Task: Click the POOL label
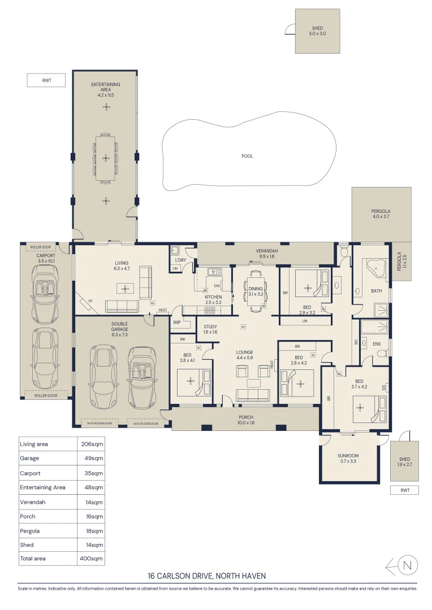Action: pos(247,156)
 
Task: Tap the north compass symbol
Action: pos(409,565)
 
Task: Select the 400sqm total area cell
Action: pos(92,559)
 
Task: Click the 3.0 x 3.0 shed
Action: pos(317,31)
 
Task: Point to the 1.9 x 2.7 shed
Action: pos(404,461)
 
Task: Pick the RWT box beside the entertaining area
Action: pos(46,80)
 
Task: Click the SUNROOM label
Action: pos(349,456)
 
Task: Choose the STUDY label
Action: pos(210,326)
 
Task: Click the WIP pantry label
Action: pos(176,323)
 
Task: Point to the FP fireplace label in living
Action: pos(89,301)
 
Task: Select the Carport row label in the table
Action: pos(31,473)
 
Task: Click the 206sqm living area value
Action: pos(92,444)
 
